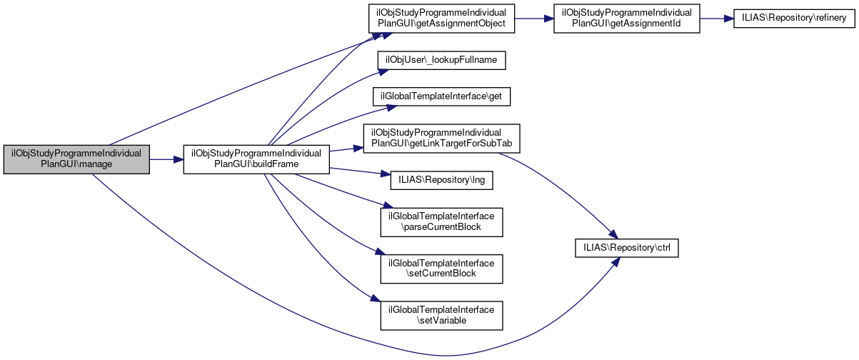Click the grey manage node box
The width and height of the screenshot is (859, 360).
coord(76,159)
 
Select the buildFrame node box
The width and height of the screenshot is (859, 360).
coord(256,159)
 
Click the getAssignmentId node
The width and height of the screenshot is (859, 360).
coord(627,19)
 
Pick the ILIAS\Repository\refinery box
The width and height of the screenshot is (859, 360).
coord(793,19)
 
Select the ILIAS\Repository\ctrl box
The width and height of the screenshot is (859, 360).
coord(627,248)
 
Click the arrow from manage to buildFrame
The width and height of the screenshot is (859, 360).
coord(166,159)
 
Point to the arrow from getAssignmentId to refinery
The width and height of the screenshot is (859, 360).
coord(716,19)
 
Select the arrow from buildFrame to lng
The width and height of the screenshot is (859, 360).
coord(353,172)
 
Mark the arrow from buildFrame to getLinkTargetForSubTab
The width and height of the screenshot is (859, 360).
coord(346,149)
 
